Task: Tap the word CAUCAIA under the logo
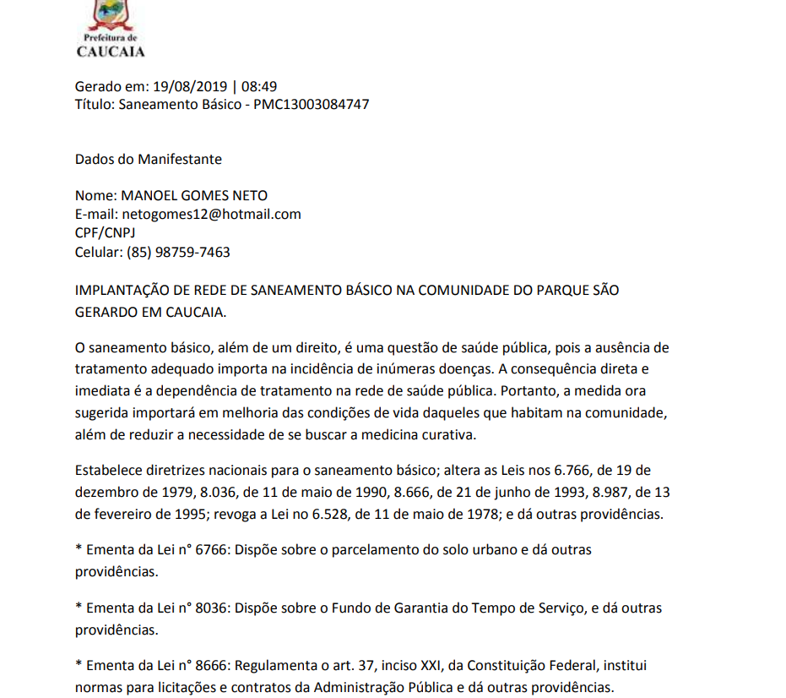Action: point(111,52)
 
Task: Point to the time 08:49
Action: point(259,86)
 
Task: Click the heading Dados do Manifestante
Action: point(149,159)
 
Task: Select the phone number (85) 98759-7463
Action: point(178,252)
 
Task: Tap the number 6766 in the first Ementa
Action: point(211,550)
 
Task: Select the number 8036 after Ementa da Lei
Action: point(211,608)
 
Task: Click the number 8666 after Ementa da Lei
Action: point(211,666)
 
